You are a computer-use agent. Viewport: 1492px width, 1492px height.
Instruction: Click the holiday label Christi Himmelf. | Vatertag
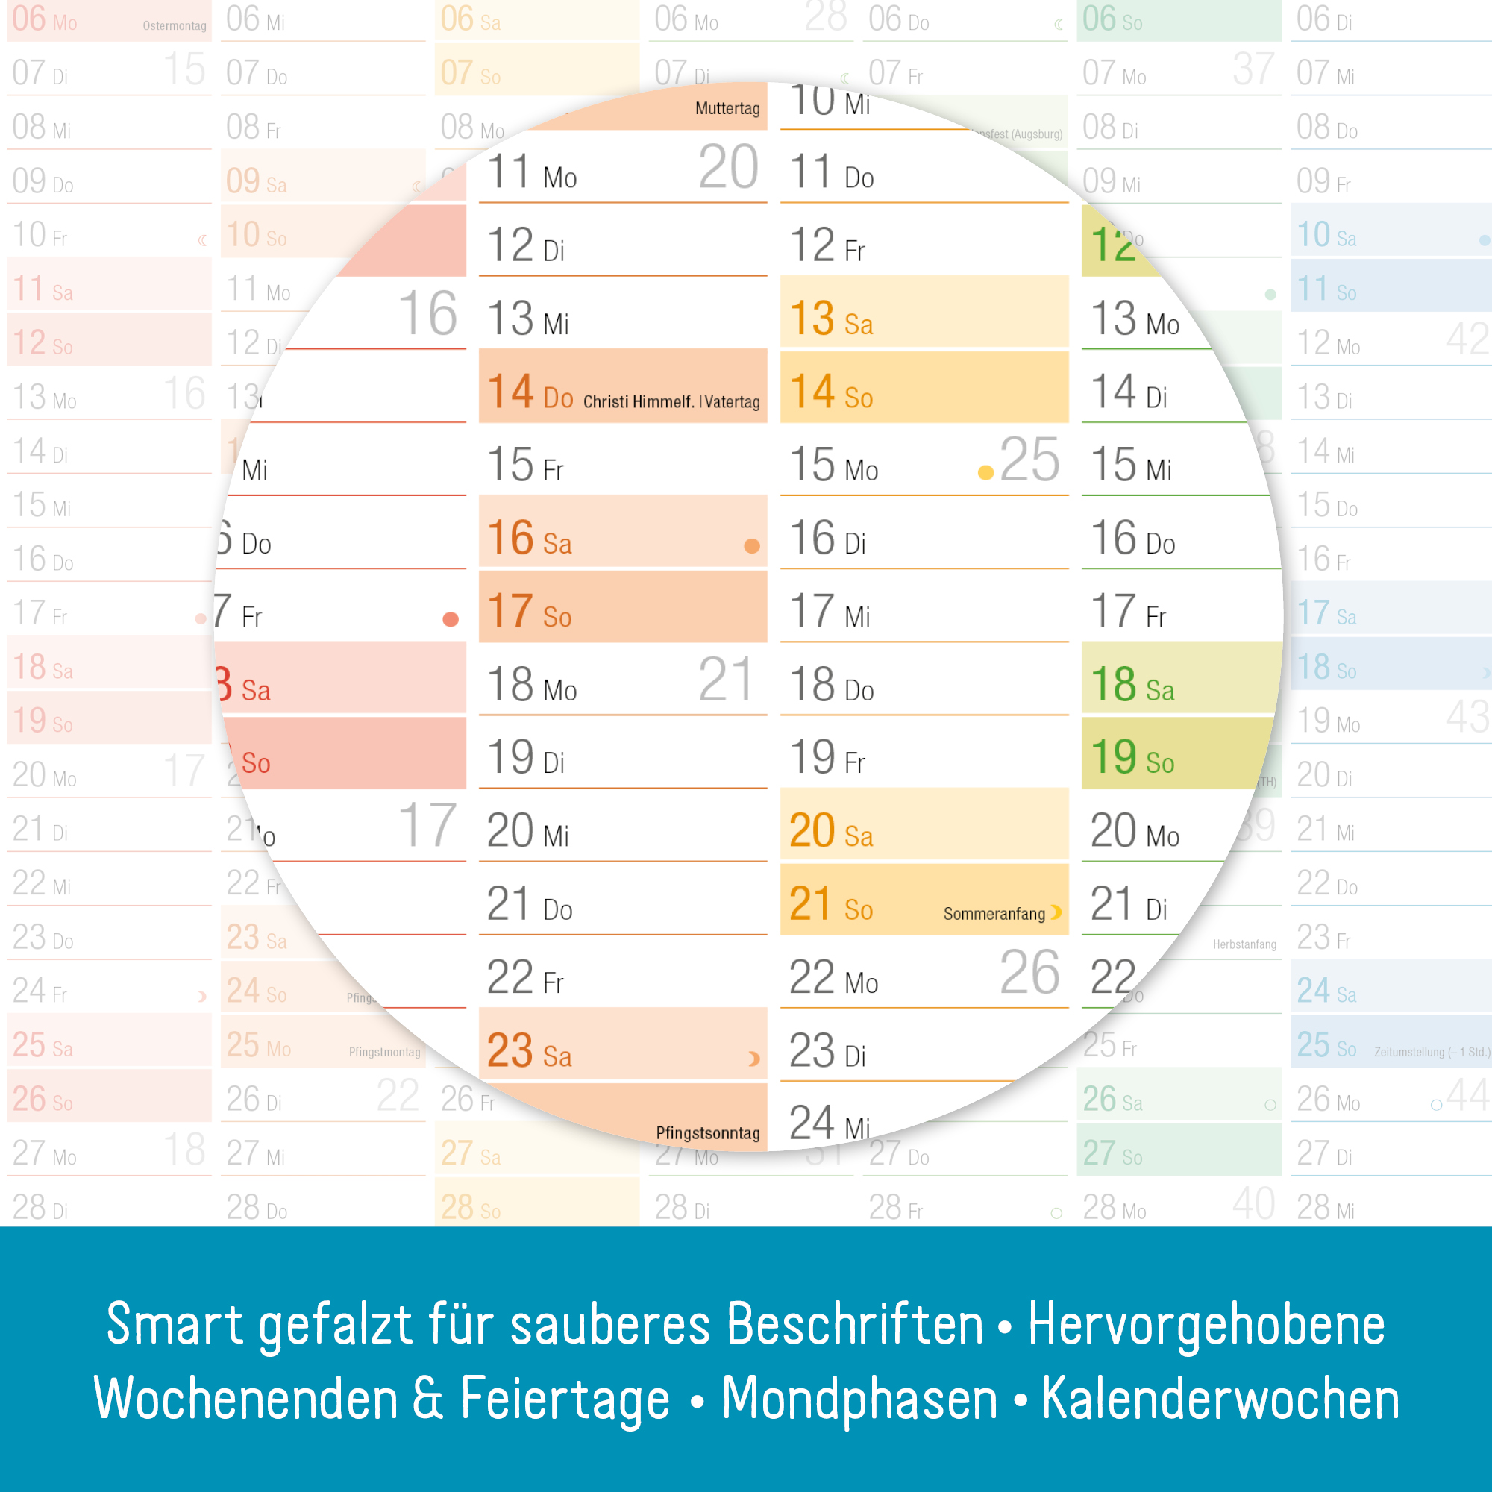click(x=671, y=401)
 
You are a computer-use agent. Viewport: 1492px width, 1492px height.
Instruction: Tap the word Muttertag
click(x=727, y=108)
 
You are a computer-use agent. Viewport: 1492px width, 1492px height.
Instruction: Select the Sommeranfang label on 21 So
click(x=994, y=914)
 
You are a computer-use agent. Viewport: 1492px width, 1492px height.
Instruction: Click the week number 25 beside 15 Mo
click(x=1029, y=460)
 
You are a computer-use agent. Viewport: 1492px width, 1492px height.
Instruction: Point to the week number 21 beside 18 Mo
click(x=725, y=680)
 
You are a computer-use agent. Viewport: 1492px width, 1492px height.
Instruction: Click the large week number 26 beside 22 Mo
click(x=1029, y=972)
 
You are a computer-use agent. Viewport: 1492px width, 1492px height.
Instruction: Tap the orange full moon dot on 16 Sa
click(x=751, y=546)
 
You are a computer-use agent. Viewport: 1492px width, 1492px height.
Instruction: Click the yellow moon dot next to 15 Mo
click(x=985, y=472)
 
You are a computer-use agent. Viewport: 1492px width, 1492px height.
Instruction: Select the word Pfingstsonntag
click(x=707, y=1133)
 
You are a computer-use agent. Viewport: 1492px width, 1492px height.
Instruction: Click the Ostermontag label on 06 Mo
click(x=175, y=25)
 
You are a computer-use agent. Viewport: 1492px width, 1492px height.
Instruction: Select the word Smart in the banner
click(x=175, y=1324)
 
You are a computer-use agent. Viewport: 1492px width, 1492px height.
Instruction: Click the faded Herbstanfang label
click(x=1244, y=944)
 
